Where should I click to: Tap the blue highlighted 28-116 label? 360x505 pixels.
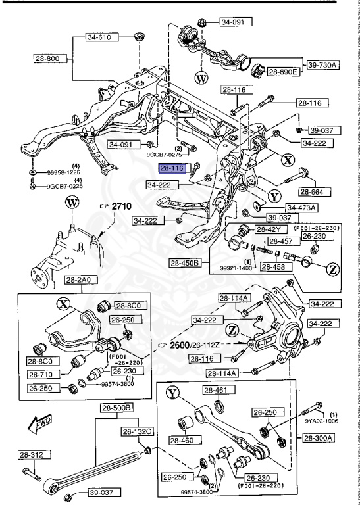[172, 168]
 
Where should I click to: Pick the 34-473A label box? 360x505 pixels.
[301, 208]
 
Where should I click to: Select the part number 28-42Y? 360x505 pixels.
[269, 229]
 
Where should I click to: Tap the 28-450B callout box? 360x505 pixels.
[188, 264]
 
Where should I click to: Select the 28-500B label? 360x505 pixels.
[116, 408]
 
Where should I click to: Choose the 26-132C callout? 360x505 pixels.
[138, 431]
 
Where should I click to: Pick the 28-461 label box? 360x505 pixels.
[217, 391]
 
